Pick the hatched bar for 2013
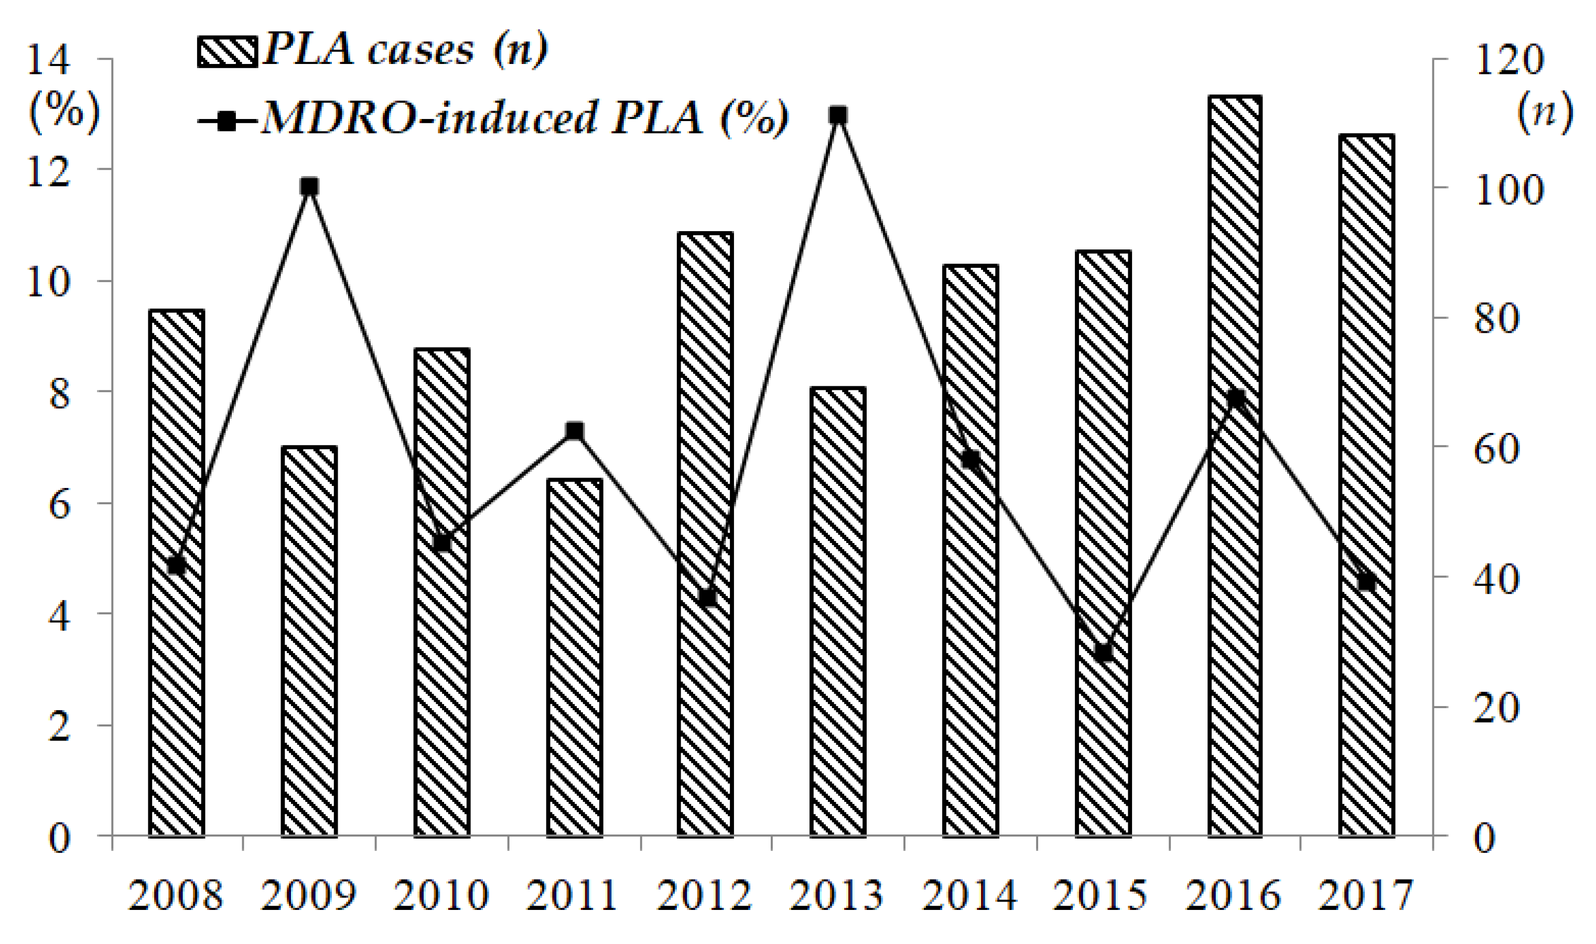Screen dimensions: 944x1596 coord(838,611)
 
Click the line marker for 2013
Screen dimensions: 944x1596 coord(838,115)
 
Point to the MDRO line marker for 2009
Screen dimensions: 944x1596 coord(309,187)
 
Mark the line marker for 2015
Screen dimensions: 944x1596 coord(1103,653)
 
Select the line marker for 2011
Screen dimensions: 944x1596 coord(575,431)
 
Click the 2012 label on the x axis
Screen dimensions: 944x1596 coord(704,896)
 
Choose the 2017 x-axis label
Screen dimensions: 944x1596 coord(1366,896)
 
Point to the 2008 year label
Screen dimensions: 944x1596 coord(176,896)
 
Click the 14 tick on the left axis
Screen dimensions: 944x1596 coord(48,61)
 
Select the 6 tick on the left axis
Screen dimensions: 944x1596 coord(59,506)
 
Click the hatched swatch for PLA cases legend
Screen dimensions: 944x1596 coord(227,51)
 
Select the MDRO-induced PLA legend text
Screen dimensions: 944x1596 coord(525,118)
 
